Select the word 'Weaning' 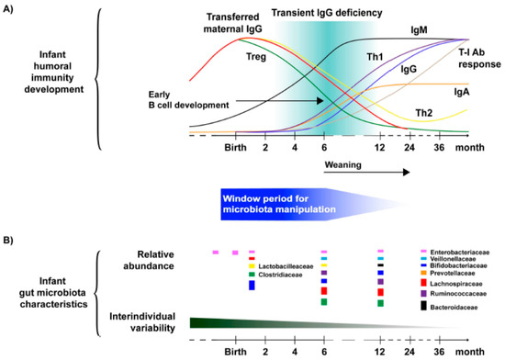(345, 166)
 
